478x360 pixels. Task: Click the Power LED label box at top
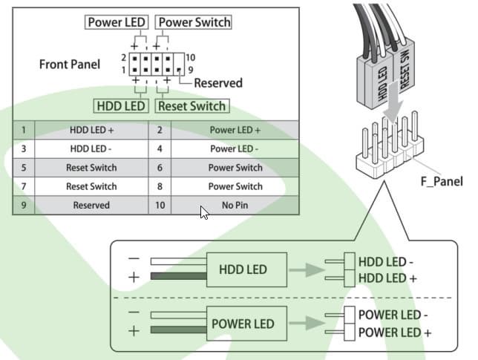click(x=116, y=22)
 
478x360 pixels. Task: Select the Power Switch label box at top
click(x=194, y=22)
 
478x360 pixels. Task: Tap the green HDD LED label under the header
click(x=121, y=106)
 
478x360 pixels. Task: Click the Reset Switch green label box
click(x=192, y=106)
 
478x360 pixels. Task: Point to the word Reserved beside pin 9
click(x=218, y=83)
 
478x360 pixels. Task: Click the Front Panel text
click(x=70, y=65)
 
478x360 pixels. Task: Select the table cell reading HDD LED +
click(x=91, y=130)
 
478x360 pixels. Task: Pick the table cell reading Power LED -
click(x=235, y=148)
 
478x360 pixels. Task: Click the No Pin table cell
click(x=235, y=205)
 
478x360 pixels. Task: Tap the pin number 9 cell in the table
click(x=24, y=205)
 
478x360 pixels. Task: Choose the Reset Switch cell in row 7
click(x=91, y=186)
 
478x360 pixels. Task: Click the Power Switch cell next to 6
click(x=235, y=168)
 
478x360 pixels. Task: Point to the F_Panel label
click(x=442, y=181)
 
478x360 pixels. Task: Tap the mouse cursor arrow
click(x=204, y=212)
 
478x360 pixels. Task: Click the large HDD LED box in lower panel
click(x=246, y=269)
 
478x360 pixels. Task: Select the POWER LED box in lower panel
click(x=246, y=324)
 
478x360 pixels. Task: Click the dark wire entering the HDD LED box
click(x=179, y=276)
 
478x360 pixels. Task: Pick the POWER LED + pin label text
click(x=395, y=333)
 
